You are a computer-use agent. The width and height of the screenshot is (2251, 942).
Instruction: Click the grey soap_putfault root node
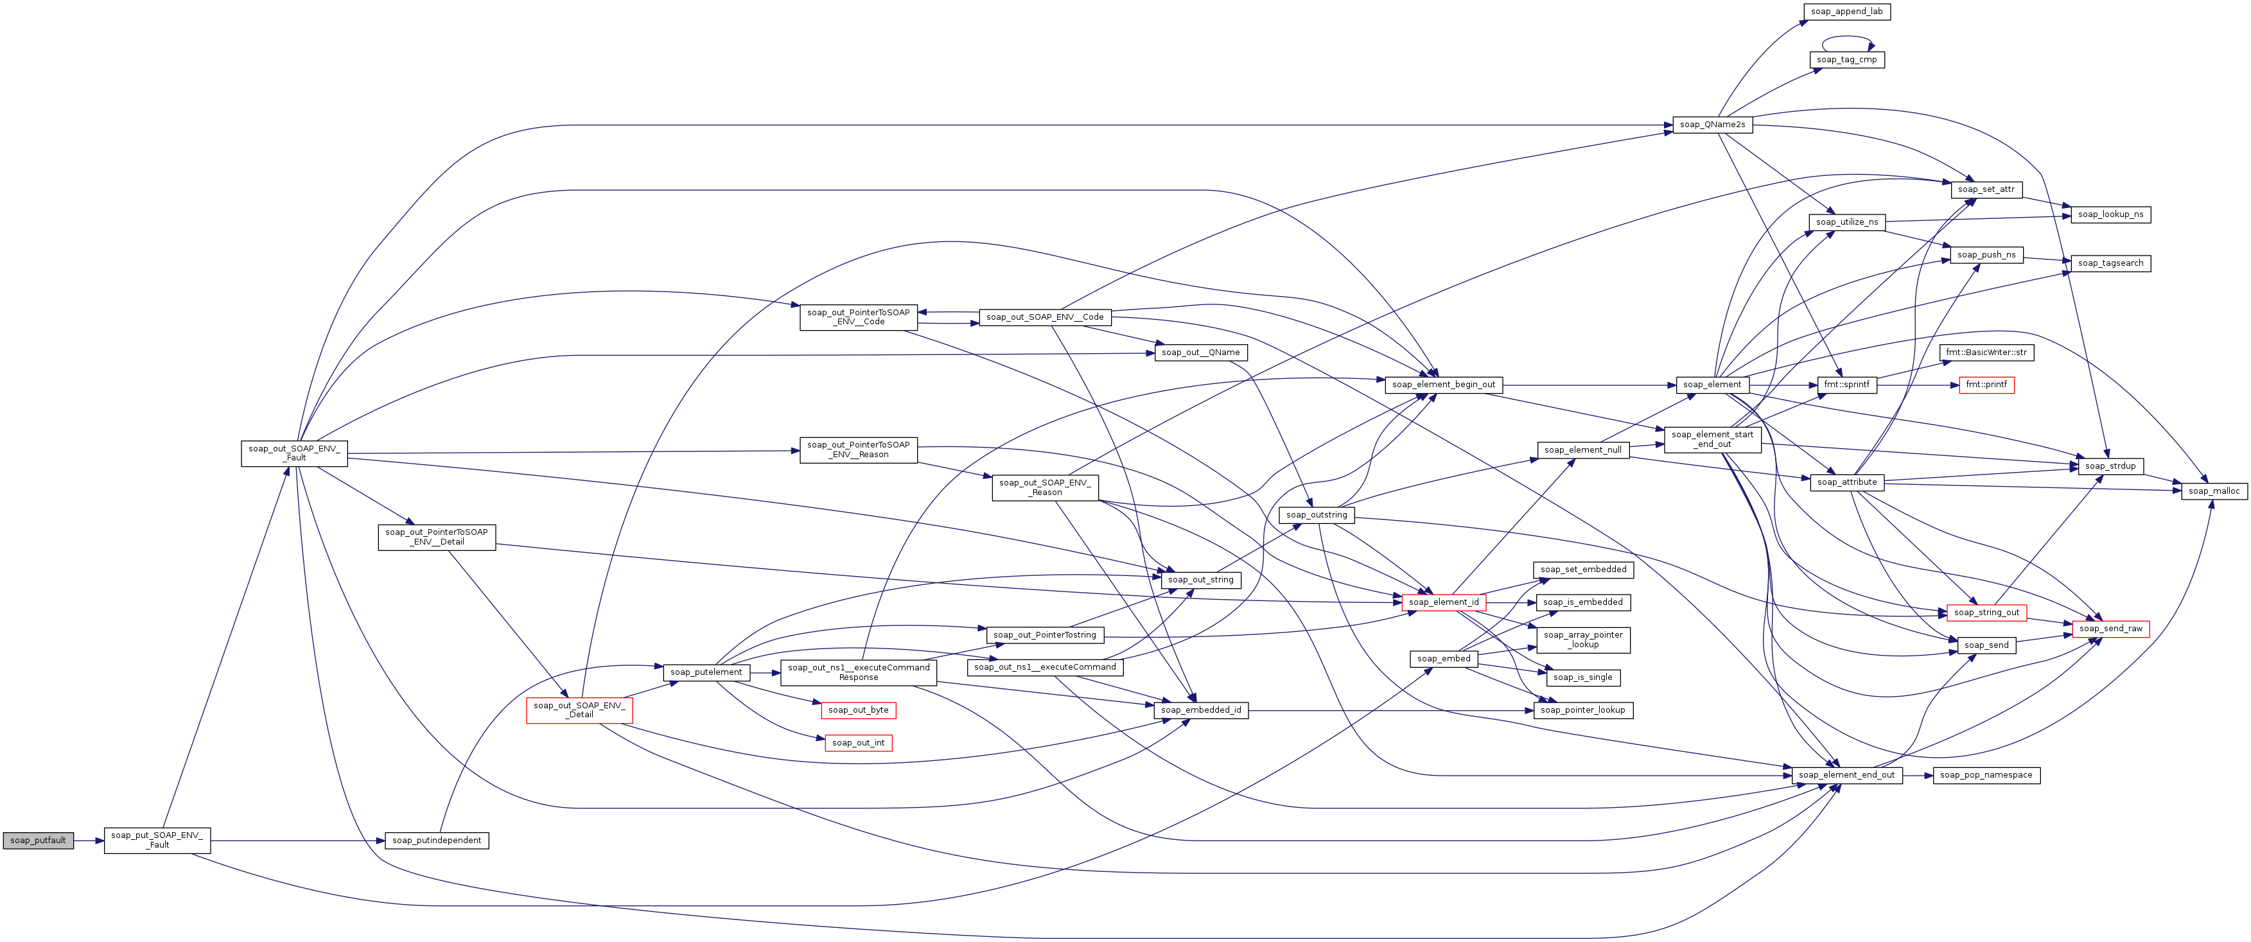[x=38, y=841]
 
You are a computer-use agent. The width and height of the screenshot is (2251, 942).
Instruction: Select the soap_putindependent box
[x=436, y=841]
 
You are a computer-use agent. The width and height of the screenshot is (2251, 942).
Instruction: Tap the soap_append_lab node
[x=1846, y=12]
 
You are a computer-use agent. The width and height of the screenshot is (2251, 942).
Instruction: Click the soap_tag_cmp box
[x=1846, y=60]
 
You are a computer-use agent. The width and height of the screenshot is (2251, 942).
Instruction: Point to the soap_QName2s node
[x=1712, y=125]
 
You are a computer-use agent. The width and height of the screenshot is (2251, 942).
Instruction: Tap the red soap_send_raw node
[x=2110, y=628]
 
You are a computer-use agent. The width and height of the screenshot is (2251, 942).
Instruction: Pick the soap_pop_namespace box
[x=1985, y=775]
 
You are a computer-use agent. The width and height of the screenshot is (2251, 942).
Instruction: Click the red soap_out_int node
[x=858, y=743]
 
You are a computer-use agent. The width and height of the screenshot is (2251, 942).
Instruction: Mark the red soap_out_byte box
[x=858, y=710]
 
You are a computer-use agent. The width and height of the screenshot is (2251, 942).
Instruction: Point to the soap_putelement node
[x=706, y=672]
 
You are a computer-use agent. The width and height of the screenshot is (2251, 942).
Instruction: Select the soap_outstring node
[x=1316, y=515]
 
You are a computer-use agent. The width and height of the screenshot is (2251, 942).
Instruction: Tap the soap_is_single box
[x=1582, y=677]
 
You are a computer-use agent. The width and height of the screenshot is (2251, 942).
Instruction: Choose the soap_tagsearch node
[x=2110, y=263]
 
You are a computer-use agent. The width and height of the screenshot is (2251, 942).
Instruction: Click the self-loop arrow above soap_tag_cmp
[x=1846, y=38]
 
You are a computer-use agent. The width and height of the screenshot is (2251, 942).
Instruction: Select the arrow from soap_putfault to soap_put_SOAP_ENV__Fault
[x=88, y=841]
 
